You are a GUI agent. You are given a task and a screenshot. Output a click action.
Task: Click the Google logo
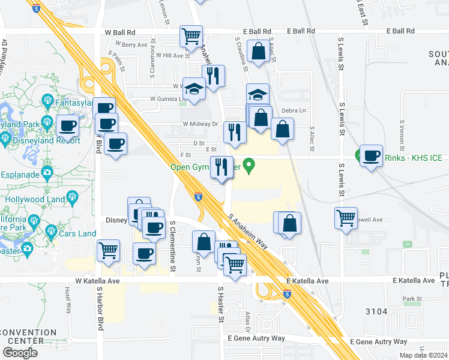[x=20, y=353]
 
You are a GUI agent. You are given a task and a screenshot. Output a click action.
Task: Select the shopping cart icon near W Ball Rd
[x=191, y=37]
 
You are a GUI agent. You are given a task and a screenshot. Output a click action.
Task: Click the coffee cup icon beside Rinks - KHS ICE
[x=371, y=155]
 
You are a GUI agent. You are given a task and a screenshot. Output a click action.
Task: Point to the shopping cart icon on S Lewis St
[x=346, y=218]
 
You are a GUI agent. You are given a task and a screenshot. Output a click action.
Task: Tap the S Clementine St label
[x=172, y=246]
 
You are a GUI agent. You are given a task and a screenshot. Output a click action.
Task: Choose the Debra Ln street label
[x=294, y=110]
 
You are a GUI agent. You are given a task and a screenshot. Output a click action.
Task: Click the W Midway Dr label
[x=200, y=124]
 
